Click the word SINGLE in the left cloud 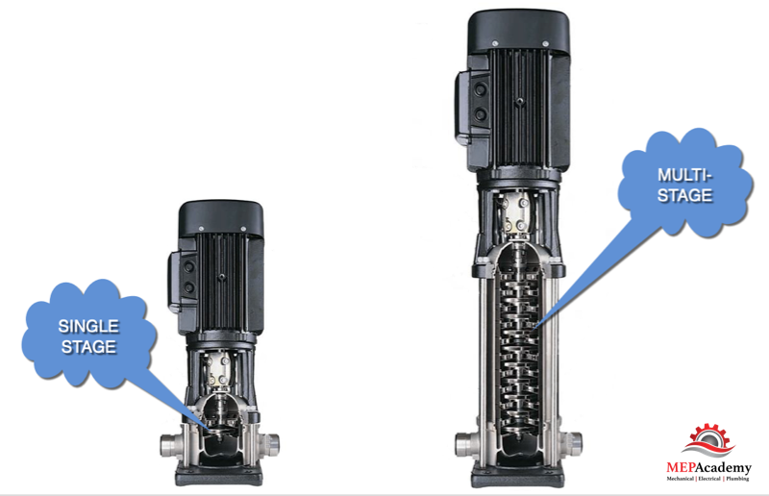point(88,326)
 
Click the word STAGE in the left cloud point(88,347)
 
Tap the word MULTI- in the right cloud point(684,175)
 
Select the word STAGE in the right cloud point(684,196)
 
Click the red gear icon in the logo point(709,439)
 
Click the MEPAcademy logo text point(708,467)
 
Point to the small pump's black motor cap point(221,217)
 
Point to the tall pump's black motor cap point(519,30)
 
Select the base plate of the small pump point(219,475)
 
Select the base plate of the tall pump point(518,476)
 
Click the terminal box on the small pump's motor point(182,281)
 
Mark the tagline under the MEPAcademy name point(708,479)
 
